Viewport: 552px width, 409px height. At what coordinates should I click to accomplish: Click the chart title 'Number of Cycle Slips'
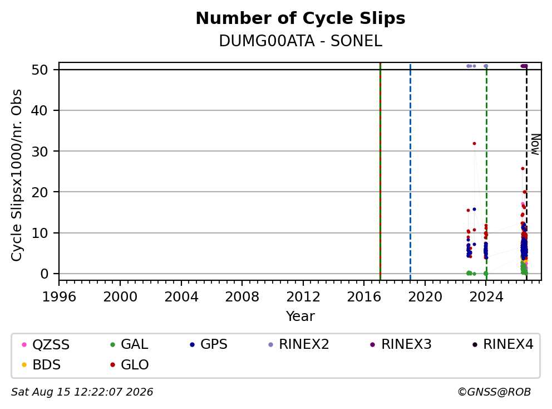pos(300,18)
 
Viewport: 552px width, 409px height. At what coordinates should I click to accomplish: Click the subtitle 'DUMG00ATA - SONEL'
pos(300,41)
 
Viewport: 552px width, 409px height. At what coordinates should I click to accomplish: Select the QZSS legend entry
pos(46,344)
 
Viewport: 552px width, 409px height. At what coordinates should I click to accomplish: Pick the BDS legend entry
pos(41,364)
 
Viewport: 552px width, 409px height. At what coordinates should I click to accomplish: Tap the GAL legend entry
pos(129,344)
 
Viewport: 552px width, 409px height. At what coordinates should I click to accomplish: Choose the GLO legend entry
pos(130,364)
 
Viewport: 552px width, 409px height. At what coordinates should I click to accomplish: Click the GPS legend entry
pos(209,344)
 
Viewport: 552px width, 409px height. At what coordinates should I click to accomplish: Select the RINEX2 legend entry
pos(298,344)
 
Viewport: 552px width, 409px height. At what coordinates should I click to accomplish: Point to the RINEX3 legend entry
pos(401,344)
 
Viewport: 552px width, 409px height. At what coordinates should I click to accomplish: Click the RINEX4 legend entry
pos(502,344)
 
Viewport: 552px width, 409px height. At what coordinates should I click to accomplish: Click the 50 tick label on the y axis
pos(40,70)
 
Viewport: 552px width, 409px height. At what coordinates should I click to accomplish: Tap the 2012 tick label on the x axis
pos(303,297)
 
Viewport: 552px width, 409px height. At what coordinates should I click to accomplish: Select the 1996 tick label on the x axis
pos(59,297)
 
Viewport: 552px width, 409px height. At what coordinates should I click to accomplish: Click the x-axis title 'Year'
pos(300,317)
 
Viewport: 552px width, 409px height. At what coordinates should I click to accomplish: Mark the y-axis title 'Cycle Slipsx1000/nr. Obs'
pos(16,175)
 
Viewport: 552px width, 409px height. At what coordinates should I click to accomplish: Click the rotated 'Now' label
pos(535,144)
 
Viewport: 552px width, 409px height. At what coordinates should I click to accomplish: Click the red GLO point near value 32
pos(474,144)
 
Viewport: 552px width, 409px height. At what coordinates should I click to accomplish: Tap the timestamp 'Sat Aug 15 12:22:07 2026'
pos(82,392)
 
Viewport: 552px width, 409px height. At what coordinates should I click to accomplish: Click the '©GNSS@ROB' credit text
pos(494,392)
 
